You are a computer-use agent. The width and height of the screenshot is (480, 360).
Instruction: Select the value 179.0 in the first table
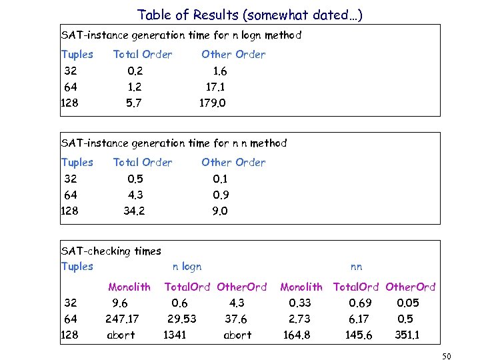click(213, 103)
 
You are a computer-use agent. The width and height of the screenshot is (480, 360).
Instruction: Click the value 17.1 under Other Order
click(217, 87)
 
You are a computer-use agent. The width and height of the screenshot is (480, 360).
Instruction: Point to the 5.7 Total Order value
click(133, 103)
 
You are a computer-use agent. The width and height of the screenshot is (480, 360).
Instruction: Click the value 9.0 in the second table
click(220, 211)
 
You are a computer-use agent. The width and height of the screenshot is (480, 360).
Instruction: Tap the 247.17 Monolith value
click(122, 319)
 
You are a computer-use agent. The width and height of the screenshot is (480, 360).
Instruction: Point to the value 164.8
click(297, 335)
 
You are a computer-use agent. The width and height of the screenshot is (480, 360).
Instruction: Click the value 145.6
click(359, 335)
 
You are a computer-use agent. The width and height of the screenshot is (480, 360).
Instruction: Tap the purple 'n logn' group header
click(187, 267)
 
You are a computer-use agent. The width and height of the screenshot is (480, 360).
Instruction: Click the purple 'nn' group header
click(356, 267)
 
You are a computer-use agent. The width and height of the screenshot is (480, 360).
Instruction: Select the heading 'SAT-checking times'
click(111, 251)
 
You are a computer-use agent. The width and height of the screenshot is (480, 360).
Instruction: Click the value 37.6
click(236, 319)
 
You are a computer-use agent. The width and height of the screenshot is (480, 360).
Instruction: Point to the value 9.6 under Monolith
click(120, 303)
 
